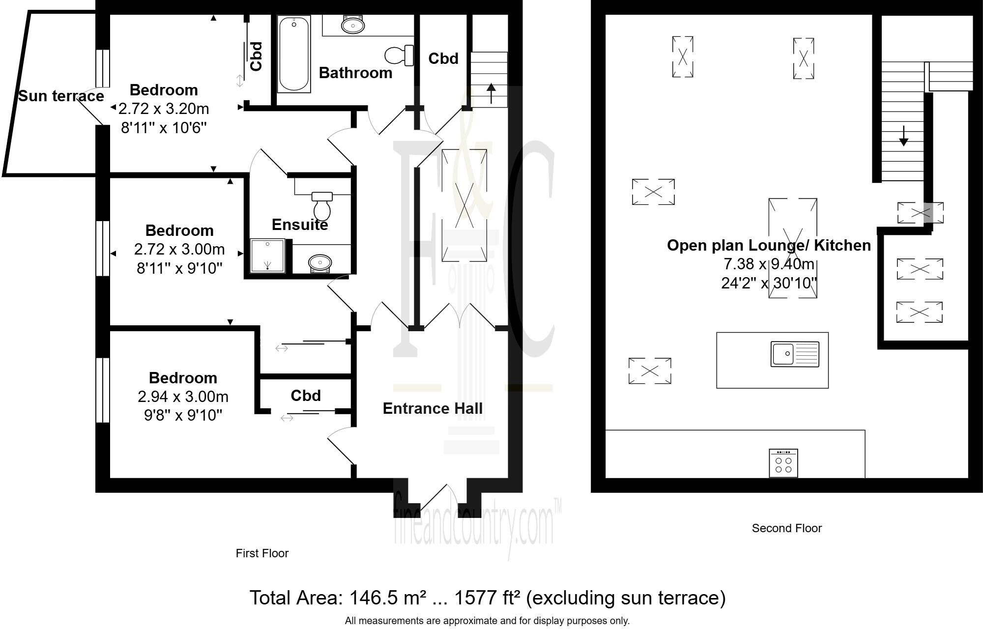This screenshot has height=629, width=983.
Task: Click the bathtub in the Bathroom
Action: (294, 54)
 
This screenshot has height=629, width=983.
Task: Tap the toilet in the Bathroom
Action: (400, 55)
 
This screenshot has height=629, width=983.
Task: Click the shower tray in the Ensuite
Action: (267, 256)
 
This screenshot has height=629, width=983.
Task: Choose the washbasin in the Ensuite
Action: (320, 263)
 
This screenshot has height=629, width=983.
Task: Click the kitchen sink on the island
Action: (795, 354)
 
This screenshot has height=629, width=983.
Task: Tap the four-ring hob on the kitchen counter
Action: (783, 463)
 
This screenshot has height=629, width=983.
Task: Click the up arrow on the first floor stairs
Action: (491, 93)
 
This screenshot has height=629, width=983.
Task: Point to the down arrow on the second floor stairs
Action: (903, 136)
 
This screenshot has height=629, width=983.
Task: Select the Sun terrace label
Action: (61, 96)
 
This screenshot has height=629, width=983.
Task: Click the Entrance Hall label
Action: (433, 408)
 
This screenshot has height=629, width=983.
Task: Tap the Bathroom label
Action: (356, 73)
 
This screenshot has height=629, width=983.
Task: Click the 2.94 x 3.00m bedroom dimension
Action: (183, 397)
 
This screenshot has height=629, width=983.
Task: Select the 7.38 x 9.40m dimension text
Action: (769, 264)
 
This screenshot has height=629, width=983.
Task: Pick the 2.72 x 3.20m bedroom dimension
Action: (164, 109)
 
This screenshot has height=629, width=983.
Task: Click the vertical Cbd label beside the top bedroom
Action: (256, 57)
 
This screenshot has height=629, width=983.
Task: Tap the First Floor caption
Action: (262, 553)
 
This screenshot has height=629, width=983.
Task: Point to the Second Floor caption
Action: (787, 528)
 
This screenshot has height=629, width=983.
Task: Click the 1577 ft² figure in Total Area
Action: (487, 598)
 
